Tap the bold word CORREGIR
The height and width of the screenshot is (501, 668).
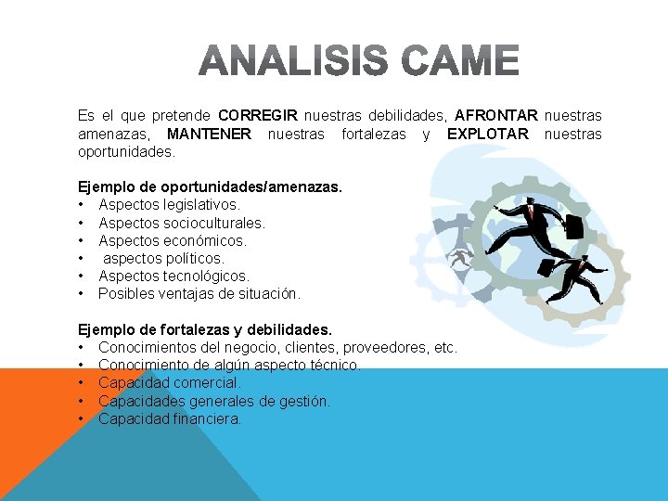[x=258, y=116]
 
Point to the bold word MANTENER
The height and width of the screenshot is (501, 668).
[x=209, y=134]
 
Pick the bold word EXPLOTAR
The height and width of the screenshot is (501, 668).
[x=487, y=134]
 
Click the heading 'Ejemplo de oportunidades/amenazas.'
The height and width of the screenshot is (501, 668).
[x=210, y=187]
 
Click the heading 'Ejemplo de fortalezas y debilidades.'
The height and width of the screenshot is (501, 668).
[x=204, y=329]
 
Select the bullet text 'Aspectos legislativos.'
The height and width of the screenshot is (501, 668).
[x=169, y=205]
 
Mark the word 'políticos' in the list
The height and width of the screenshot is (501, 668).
[x=192, y=258]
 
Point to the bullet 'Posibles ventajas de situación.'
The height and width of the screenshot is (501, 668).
[x=199, y=293]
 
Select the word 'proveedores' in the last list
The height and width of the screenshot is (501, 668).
[x=381, y=347]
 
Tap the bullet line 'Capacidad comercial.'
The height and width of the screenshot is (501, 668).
[x=169, y=382]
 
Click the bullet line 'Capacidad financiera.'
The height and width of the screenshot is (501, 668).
[x=170, y=418]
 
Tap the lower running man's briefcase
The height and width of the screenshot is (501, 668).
[x=548, y=271]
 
